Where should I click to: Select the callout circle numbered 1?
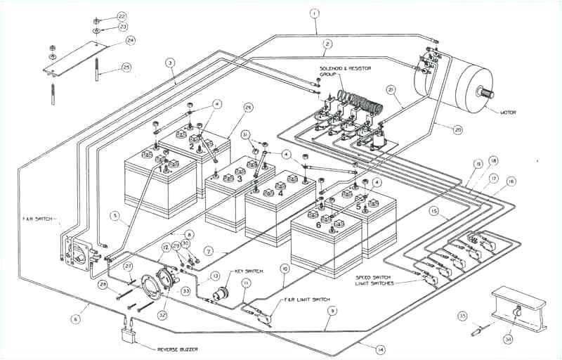point(314,13)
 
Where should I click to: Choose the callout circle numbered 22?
point(122,15)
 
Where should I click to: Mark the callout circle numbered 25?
point(126,67)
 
